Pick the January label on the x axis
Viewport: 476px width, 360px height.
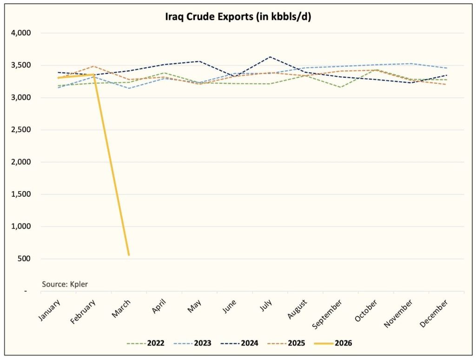(49, 310)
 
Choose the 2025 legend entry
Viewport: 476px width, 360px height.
(295, 344)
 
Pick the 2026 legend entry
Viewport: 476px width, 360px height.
(342, 344)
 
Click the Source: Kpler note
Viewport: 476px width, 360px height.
(65, 284)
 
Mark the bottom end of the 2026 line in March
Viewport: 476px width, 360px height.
(129, 255)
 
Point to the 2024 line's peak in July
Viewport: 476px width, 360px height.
(270, 57)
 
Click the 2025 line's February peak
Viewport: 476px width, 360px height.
(94, 66)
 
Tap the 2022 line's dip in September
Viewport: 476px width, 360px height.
(340, 87)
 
